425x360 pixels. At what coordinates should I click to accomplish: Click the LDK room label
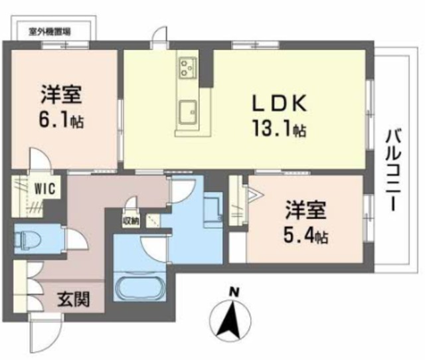(278, 103)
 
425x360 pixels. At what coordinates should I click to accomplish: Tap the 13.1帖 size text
(278, 128)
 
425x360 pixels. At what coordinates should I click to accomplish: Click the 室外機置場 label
(50, 31)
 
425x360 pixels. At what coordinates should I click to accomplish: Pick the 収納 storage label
(130, 221)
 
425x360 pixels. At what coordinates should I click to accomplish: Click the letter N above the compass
(234, 290)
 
